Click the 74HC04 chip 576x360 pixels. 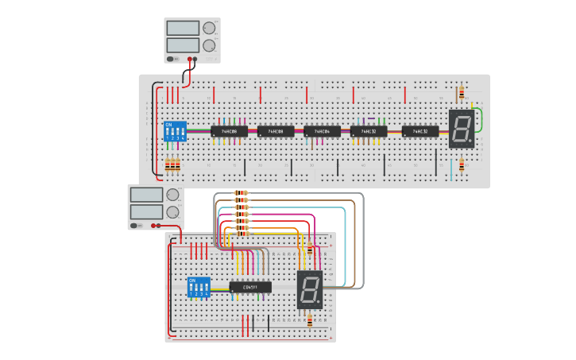pos(322,131)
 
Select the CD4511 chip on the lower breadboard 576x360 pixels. pos(250,287)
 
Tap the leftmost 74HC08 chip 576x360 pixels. pos(229,131)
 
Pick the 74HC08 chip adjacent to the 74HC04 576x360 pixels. pos(276,131)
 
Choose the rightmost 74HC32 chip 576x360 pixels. pos(420,131)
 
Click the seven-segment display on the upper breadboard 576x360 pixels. pos(462,129)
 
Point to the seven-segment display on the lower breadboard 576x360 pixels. pos(310,290)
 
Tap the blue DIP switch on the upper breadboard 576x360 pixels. pos(175,131)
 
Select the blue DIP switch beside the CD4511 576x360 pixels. pos(199,288)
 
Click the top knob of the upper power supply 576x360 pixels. pos(209,28)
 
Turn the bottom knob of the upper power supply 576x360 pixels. pos(209,45)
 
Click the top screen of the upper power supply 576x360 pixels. pos(183,28)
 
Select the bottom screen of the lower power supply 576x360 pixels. pos(146,211)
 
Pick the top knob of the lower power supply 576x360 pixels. pos(172,195)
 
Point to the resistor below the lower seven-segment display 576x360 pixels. pos(310,320)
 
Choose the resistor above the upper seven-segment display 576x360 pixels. pos(461,94)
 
